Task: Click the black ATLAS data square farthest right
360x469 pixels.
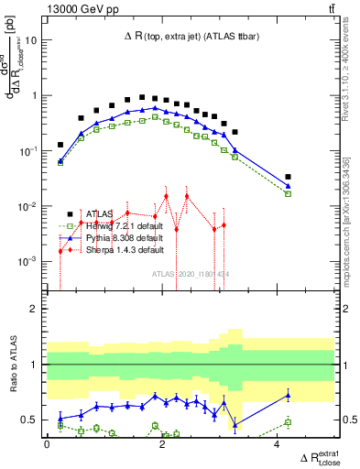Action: tap(288, 177)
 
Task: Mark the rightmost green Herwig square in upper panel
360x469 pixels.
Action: tap(288, 193)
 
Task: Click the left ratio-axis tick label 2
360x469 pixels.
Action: tap(33, 309)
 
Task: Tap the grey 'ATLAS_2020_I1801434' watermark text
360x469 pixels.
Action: tap(191, 272)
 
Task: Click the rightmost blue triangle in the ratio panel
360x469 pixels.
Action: tap(288, 396)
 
